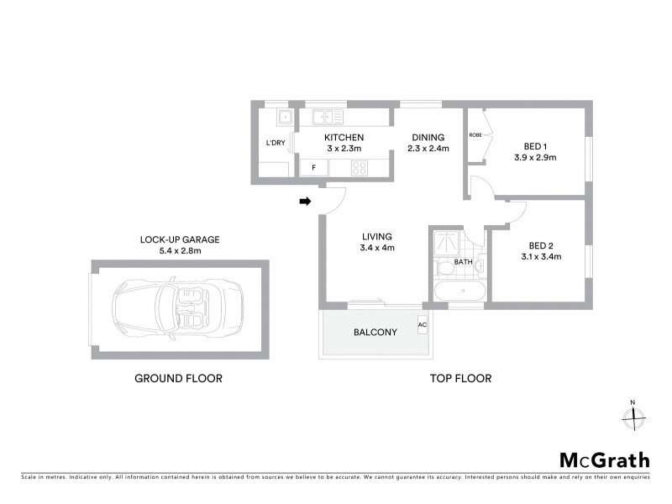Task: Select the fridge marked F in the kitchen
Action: click(x=314, y=167)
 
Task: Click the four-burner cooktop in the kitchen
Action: click(x=361, y=167)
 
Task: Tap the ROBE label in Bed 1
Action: click(x=475, y=135)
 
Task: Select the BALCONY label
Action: click(x=375, y=332)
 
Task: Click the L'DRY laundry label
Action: click(x=276, y=142)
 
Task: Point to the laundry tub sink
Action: click(x=285, y=117)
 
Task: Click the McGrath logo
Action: click(x=604, y=459)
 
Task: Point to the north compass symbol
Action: click(x=634, y=414)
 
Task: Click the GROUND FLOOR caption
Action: click(x=179, y=379)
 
